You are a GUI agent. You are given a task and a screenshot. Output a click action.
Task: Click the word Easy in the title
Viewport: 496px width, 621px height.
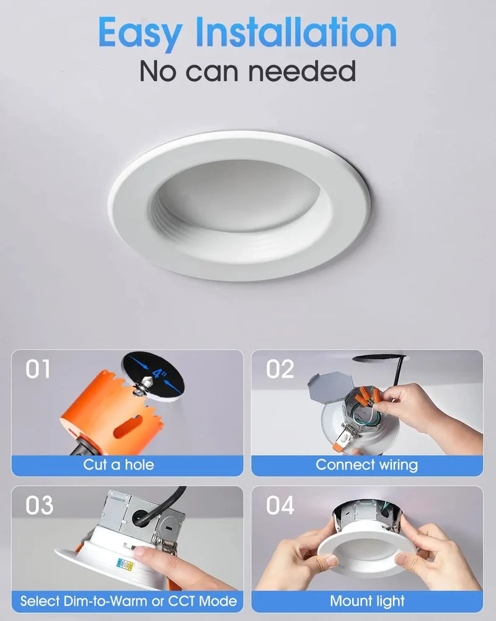click(140, 34)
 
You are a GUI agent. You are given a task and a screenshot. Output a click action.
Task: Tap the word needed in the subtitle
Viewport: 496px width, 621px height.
click(302, 71)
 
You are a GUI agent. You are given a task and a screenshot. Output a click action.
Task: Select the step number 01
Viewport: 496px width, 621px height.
click(38, 369)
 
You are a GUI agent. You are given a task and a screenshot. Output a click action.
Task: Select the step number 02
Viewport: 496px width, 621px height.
click(280, 369)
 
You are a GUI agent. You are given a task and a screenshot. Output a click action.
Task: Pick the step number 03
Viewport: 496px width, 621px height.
click(39, 505)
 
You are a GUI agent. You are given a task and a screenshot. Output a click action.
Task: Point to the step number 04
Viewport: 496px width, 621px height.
click(280, 505)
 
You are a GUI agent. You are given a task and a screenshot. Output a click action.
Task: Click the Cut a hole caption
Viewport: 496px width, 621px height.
click(118, 465)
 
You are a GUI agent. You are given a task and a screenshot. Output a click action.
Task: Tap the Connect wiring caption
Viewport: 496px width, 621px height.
click(366, 465)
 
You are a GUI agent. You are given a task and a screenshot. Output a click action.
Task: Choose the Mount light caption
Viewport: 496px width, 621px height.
click(368, 601)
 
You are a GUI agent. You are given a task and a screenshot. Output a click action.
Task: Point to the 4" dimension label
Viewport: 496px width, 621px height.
click(159, 373)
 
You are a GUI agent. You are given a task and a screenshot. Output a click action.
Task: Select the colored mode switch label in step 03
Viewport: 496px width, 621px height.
click(125, 564)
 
